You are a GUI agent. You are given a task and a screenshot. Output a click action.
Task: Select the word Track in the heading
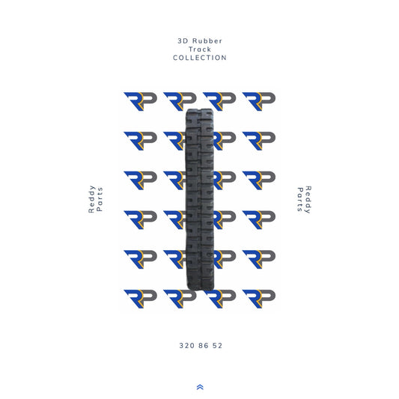click(x=200, y=49)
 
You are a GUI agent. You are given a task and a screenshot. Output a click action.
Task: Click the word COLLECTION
click(x=200, y=58)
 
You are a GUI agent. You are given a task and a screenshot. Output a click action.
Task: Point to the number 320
click(x=186, y=346)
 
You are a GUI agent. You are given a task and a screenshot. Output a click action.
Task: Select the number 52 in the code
click(x=217, y=346)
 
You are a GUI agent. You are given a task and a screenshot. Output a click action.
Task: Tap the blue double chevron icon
click(x=200, y=386)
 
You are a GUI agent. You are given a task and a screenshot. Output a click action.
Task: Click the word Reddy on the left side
click(x=91, y=200)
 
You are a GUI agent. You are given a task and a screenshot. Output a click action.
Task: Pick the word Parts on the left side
click(x=100, y=200)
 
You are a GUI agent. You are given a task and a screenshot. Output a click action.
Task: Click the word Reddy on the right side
click(x=308, y=200)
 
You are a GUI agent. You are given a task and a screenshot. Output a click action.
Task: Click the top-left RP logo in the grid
click(x=139, y=101)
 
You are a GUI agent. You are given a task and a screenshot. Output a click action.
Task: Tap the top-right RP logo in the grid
click(x=258, y=101)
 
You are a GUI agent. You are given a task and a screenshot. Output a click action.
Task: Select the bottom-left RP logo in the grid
click(x=139, y=299)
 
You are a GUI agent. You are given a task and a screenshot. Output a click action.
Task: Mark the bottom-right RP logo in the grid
click(x=258, y=299)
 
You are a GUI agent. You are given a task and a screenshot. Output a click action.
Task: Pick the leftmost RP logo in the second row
click(x=139, y=141)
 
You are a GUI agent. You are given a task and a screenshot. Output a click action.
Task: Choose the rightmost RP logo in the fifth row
click(x=258, y=260)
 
